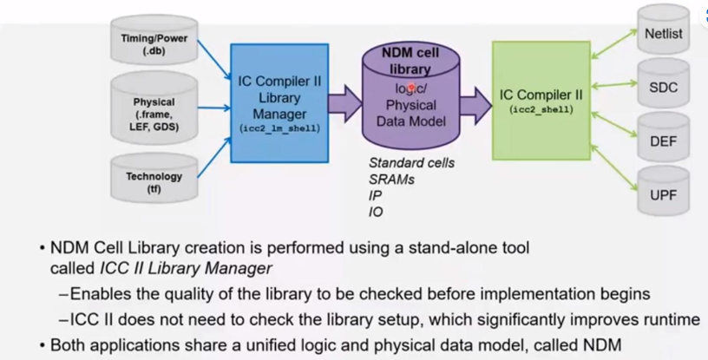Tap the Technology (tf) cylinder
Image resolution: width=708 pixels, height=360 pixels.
tap(154, 180)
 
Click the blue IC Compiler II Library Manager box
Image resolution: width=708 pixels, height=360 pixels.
tap(279, 102)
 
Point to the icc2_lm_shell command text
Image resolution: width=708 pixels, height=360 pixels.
tap(279, 128)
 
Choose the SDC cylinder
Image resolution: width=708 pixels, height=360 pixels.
tap(664, 87)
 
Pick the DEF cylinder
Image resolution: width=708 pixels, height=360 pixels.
tap(664, 141)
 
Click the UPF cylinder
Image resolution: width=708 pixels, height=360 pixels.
tap(664, 195)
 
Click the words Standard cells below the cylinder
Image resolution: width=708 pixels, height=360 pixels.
tap(411, 162)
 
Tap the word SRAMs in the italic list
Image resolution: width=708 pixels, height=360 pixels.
tap(390, 179)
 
